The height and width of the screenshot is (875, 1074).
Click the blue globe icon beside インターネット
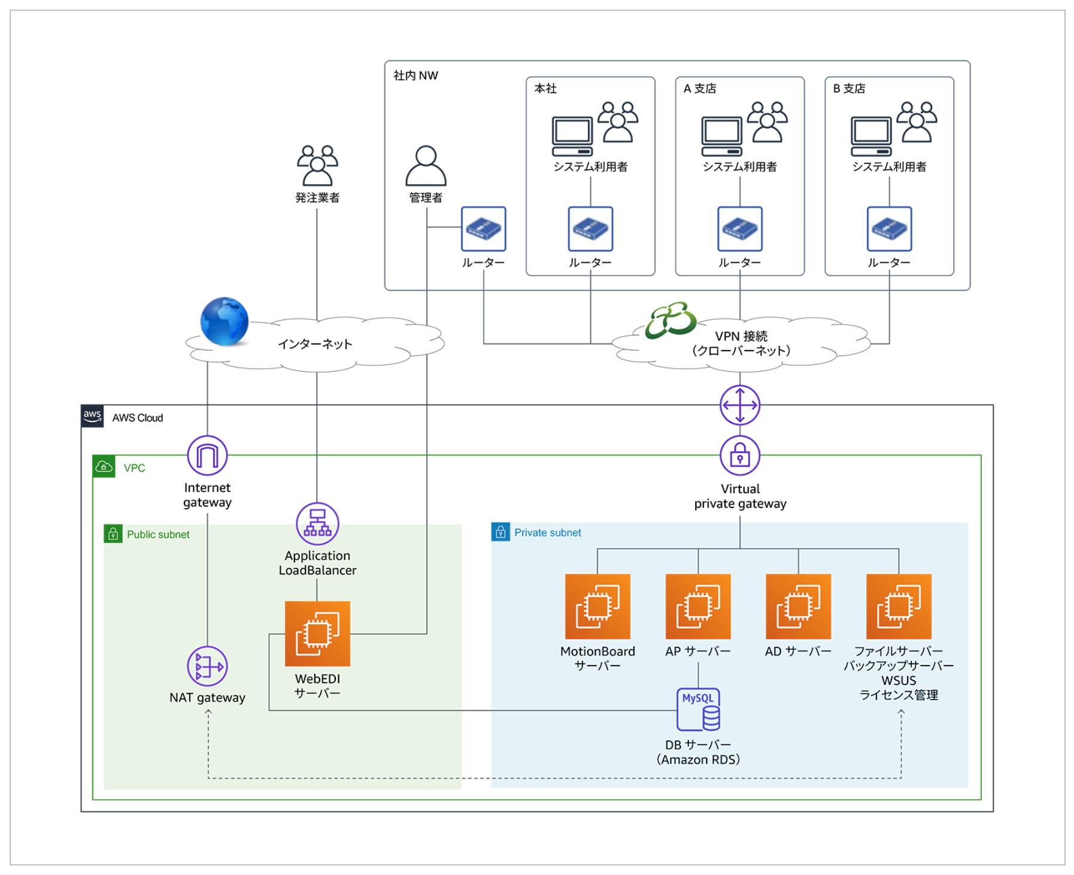coord(224,321)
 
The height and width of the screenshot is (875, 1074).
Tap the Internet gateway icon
coord(207,455)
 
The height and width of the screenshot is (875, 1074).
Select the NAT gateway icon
coord(207,666)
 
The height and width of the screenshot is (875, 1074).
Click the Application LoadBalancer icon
coord(317,524)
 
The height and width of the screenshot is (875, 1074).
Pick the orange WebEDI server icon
coord(317,633)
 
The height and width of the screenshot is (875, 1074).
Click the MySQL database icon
coord(698,710)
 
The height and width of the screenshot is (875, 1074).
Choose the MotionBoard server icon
coord(597,606)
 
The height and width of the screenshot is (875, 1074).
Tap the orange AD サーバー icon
coord(798,606)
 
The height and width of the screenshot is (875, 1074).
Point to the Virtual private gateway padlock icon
coord(740,455)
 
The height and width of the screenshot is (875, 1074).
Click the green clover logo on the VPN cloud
coord(671,320)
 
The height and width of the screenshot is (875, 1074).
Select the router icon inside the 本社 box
coord(590,229)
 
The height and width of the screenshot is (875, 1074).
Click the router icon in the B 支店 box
coord(889,229)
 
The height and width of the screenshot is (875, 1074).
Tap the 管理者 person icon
coord(426,166)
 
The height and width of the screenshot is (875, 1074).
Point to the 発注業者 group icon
coord(317,166)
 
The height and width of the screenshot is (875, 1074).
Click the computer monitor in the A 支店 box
coord(721,136)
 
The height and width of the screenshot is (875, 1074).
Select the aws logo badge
coord(92,416)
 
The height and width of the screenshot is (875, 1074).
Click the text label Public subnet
coord(158,534)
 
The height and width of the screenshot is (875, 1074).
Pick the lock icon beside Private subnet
coord(500,532)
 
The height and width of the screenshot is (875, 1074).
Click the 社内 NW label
coord(415,75)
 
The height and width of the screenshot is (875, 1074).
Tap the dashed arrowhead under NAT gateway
coord(208,713)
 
